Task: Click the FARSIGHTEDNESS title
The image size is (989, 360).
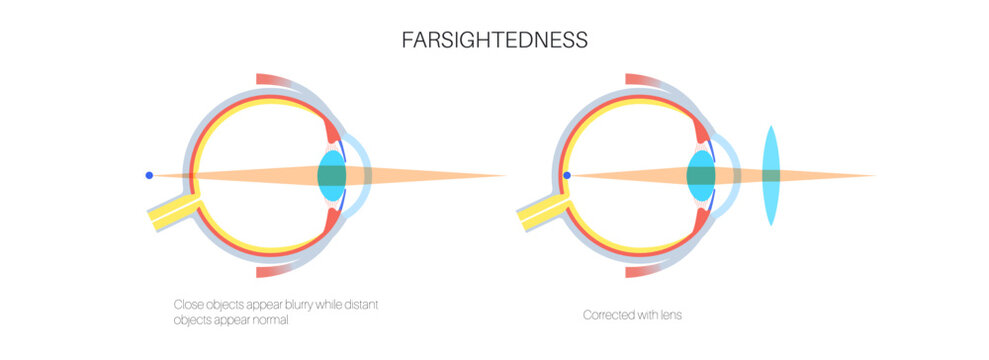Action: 494,41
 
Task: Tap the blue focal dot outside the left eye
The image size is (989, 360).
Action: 149,176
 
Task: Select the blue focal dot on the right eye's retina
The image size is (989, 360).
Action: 566,176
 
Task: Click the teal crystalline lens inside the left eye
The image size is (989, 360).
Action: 332,176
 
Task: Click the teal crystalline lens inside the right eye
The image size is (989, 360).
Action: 701,176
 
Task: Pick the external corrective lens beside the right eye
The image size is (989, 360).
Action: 771,176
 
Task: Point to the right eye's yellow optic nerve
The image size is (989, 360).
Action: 540,211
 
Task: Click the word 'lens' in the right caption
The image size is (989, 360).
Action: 670,315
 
